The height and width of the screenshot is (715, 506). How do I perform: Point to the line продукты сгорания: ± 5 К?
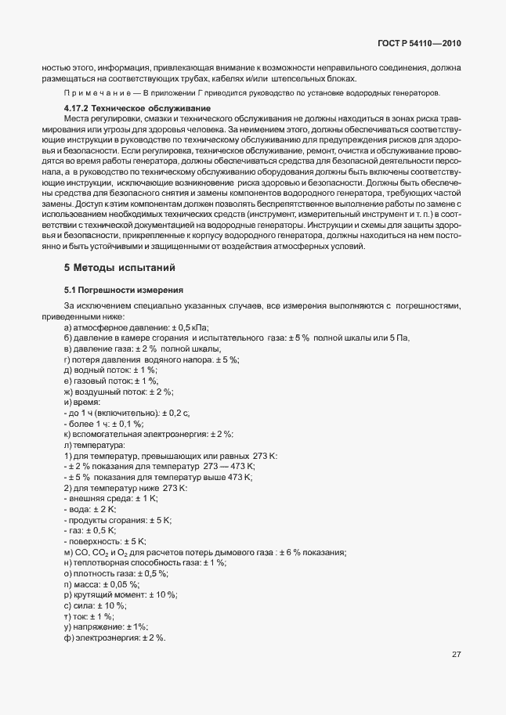[117, 519]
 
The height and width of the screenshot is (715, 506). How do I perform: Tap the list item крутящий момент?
[121, 594]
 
